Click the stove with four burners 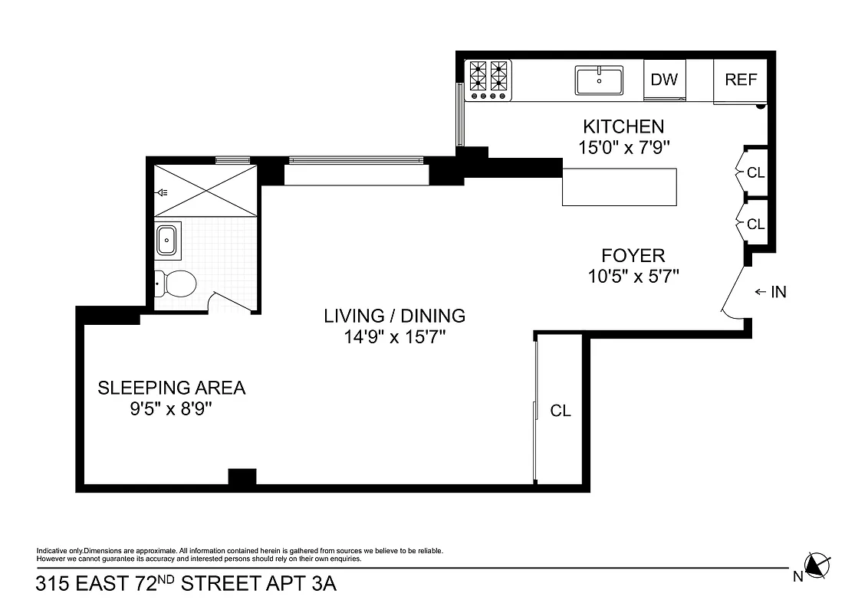pyautogui.click(x=489, y=79)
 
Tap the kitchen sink pyautogui.click(x=599, y=80)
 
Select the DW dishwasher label pyautogui.click(x=664, y=80)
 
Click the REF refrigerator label pyautogui.click(x=741, y=80)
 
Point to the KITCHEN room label pyautogui.click(x=623, y=126)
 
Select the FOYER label pyautogui.click(x=633, y=255)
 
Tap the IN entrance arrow pyautogui.click(x=771, y=292)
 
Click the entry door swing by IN pyautogui.click(x=734, y=295)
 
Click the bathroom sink pyautogui.click(x=167, y=240)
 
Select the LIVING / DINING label pyautogui.click(x=394, y=315)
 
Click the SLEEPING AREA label pyautogui.click(x=171, y=388)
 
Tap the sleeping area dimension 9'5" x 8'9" pyautogui.click(x=170, y=409)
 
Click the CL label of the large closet pyautogui.click(x=561, y=411)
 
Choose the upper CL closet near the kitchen pyautogui.click(x=755, y=173)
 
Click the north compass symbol pyautogui.click(x=817, y=566)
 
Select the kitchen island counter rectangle pyautogui.click(x=620, y=187)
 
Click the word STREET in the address pyautogui.click(x=225, y=585)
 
